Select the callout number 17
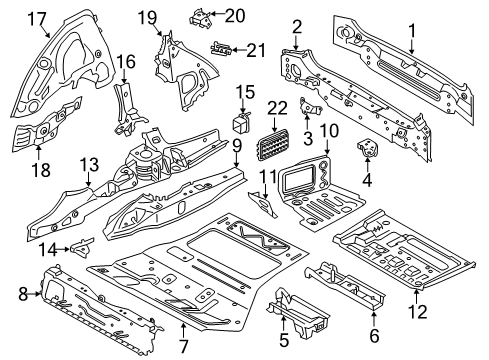pos(37,17)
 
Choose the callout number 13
pos(89,164)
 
